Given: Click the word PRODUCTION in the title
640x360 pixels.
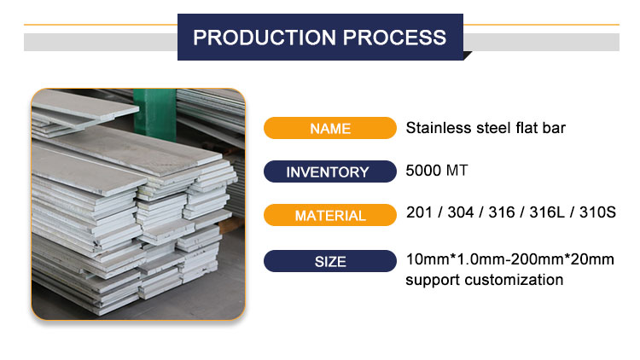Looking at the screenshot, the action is [x=264, y=38].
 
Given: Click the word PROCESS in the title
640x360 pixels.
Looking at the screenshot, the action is [x=395, y=38].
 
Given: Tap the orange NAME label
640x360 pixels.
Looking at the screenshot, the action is [x=330, y=128].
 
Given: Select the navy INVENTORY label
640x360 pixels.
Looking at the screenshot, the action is [x=330, y=171].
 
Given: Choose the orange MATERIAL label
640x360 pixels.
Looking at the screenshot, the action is [x=330, y=215].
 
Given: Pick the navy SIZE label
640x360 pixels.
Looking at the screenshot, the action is [x=330, y=261].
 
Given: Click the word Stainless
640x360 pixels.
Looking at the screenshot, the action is [x=438, y=128].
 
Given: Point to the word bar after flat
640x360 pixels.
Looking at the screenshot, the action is [x=554, y=128].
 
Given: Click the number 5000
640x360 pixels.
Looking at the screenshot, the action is [x=423, y=171].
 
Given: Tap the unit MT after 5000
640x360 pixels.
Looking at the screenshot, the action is [x=457, y=171].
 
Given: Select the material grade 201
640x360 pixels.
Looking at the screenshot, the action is [x=419, y=212].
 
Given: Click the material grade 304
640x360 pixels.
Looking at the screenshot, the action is [x=461, y=212].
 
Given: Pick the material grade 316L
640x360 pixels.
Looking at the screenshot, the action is [x=547, y=212].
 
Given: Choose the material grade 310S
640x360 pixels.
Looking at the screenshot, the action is [x=597, y=212].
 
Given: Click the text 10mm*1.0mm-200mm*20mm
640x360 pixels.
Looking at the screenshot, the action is [x=510, y=259].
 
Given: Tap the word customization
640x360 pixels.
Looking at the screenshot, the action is [x=514, y=280].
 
